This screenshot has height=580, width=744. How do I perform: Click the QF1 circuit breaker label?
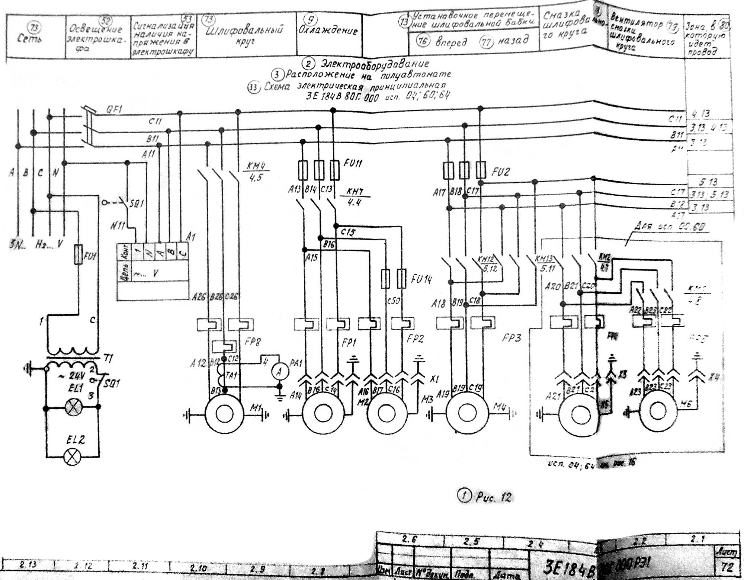click(115, 110)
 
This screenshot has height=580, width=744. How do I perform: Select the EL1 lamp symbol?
click(72, 407)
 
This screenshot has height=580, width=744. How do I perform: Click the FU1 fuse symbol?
click(78, 254)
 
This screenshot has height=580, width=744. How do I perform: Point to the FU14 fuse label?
click(421, 279)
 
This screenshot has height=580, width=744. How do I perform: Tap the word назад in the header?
click(513, 40)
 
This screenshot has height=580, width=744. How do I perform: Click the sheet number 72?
click(727, 568)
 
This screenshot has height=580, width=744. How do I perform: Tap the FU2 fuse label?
click(500, 172)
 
